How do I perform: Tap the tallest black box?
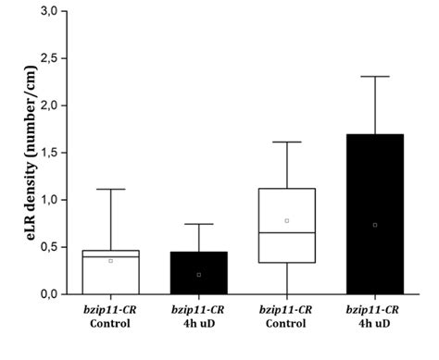click(375, 214)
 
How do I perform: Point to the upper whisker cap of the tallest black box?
click(375, 77)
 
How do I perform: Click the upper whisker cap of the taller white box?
click(287, 142)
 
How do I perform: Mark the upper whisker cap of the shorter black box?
click(199, 224)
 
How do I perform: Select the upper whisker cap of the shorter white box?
click(111, 190)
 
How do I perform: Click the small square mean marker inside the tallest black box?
click(375, 225)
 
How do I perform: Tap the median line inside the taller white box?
click(287, 232)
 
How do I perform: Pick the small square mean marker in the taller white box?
click(287, 220)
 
